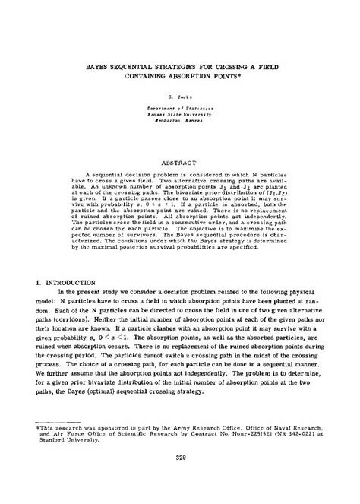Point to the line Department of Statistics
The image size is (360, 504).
click(180, 109)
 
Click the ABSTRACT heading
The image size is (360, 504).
click(180, 162)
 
